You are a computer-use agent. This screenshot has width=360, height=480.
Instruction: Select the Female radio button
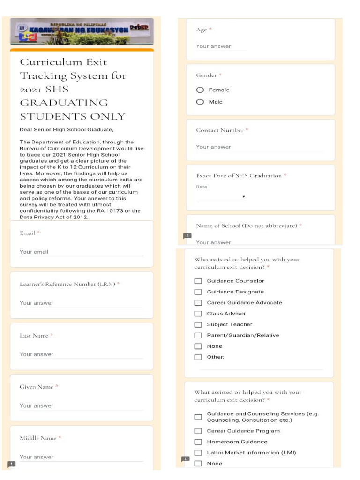point(200,90)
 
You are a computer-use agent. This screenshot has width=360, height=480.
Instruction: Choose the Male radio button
point(200,102)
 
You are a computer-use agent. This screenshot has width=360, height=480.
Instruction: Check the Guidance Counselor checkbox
point(198,281)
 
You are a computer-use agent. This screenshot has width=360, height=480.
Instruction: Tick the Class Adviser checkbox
point(198,314)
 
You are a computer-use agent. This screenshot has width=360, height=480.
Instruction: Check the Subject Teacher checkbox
point(198,324)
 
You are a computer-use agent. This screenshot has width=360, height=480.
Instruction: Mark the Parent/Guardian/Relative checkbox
point(198,335)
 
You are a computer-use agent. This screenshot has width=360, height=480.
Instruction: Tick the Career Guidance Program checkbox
point(198,431)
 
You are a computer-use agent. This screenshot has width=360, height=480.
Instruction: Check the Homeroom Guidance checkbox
point(198,442)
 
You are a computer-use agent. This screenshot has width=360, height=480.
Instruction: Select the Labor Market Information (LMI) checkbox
point(198,453)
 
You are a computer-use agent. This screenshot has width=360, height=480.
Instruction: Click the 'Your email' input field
point(81,252)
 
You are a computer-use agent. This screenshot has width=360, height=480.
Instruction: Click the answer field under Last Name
point(81,355)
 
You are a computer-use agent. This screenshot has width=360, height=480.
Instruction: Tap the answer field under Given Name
point(81,406)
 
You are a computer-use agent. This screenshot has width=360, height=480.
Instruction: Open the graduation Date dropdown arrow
point(244,197)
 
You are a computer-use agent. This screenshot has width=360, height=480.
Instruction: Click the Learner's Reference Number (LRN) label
point(67,284)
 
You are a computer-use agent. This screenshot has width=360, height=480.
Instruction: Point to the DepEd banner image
point(82,31)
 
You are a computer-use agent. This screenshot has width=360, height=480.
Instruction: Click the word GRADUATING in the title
point(64,103)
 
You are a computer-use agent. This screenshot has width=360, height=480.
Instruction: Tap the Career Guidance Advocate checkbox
point(198,303)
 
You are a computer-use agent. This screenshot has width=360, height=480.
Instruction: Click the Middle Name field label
point(38,438)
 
